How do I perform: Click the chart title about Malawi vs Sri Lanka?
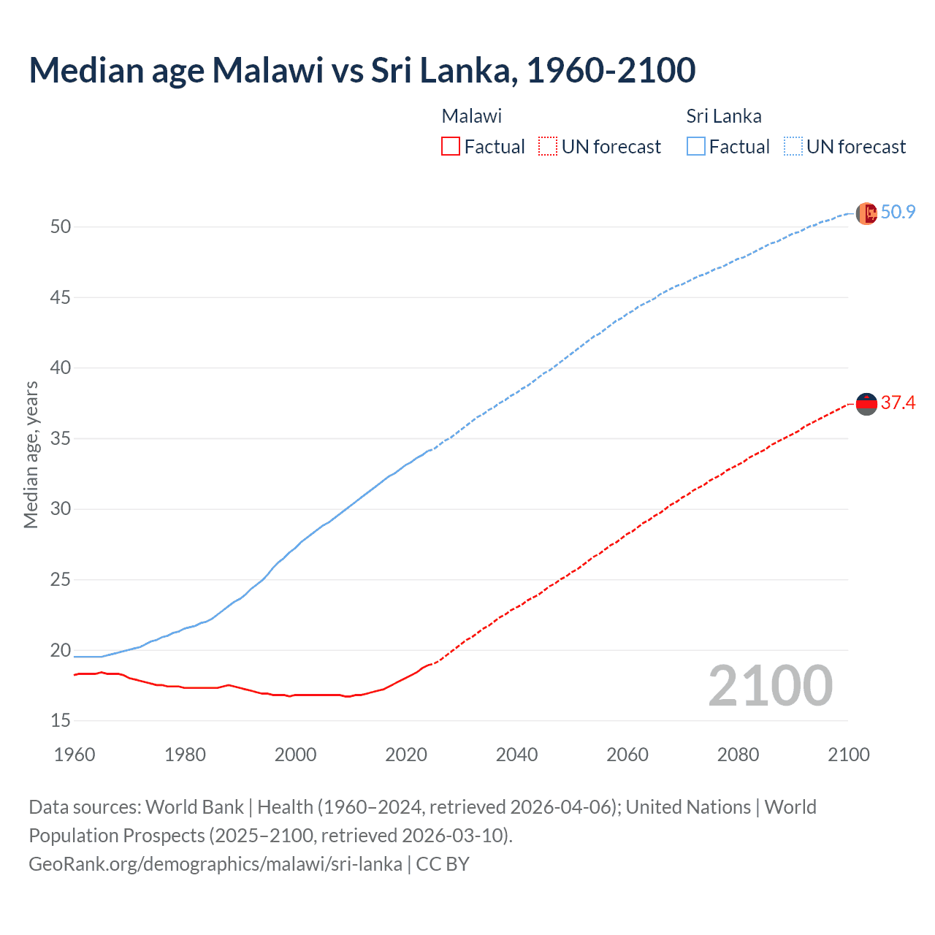362,70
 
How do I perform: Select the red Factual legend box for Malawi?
451,147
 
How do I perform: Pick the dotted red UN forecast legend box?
548,147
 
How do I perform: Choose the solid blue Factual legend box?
695,147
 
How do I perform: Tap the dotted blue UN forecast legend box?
793,147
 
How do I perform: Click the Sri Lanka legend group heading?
723,116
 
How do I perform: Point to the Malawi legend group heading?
471,116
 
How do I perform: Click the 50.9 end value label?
898,212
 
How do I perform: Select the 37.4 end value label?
898,402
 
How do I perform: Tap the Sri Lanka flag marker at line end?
866,213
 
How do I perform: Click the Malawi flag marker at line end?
866,404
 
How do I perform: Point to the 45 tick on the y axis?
61,297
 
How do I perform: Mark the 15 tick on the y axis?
61,721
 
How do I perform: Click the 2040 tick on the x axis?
516,755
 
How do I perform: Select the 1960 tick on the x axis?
75,755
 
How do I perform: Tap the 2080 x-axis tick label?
738,755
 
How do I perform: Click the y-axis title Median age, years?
31,454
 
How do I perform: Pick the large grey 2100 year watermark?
770,685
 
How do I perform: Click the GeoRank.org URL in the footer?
215,864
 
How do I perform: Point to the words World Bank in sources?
194,807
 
